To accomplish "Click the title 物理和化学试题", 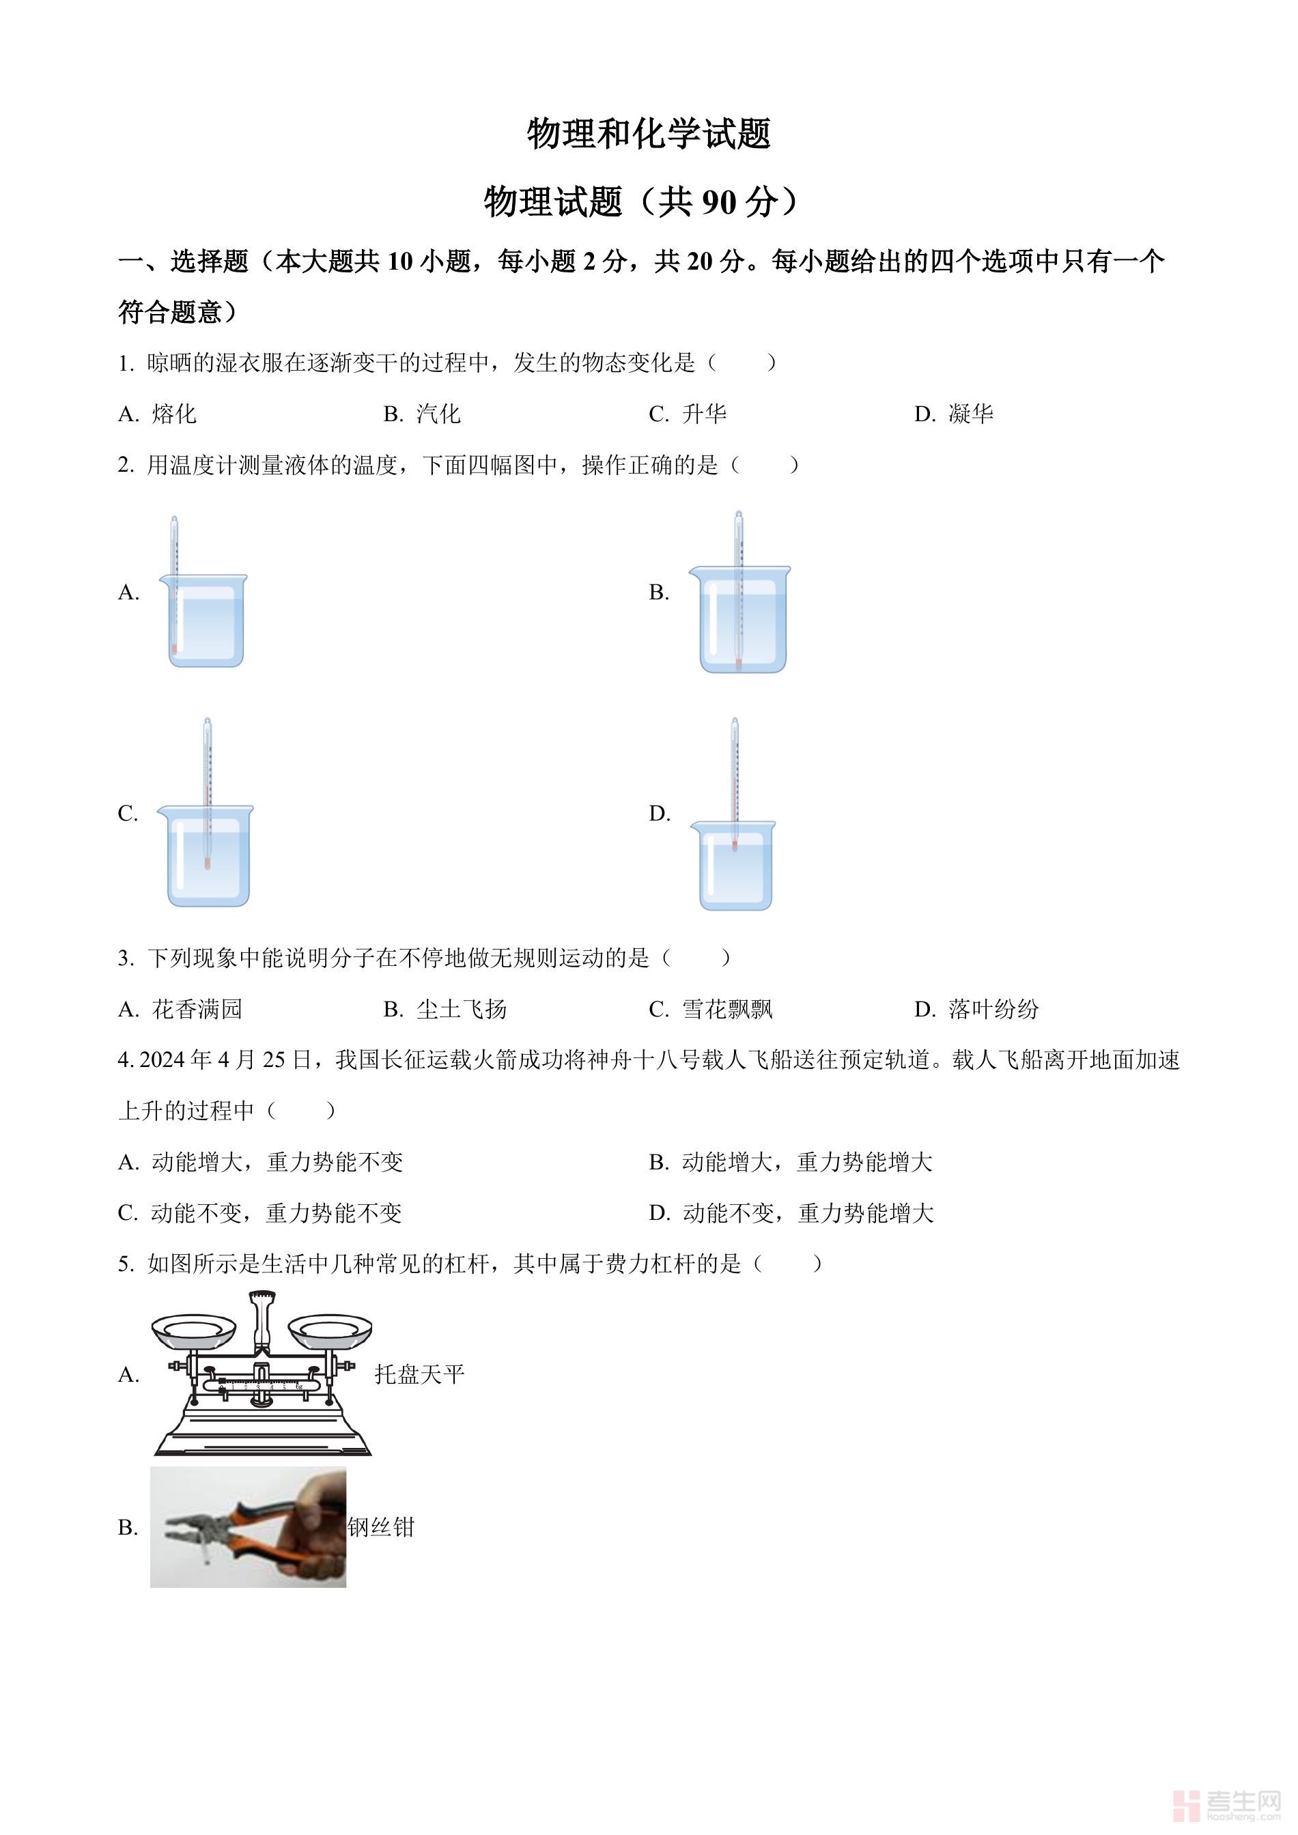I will point(648,134).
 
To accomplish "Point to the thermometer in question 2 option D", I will point(735,783).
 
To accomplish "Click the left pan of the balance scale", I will point(193,1328).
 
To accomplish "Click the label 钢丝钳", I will point(381,1527).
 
